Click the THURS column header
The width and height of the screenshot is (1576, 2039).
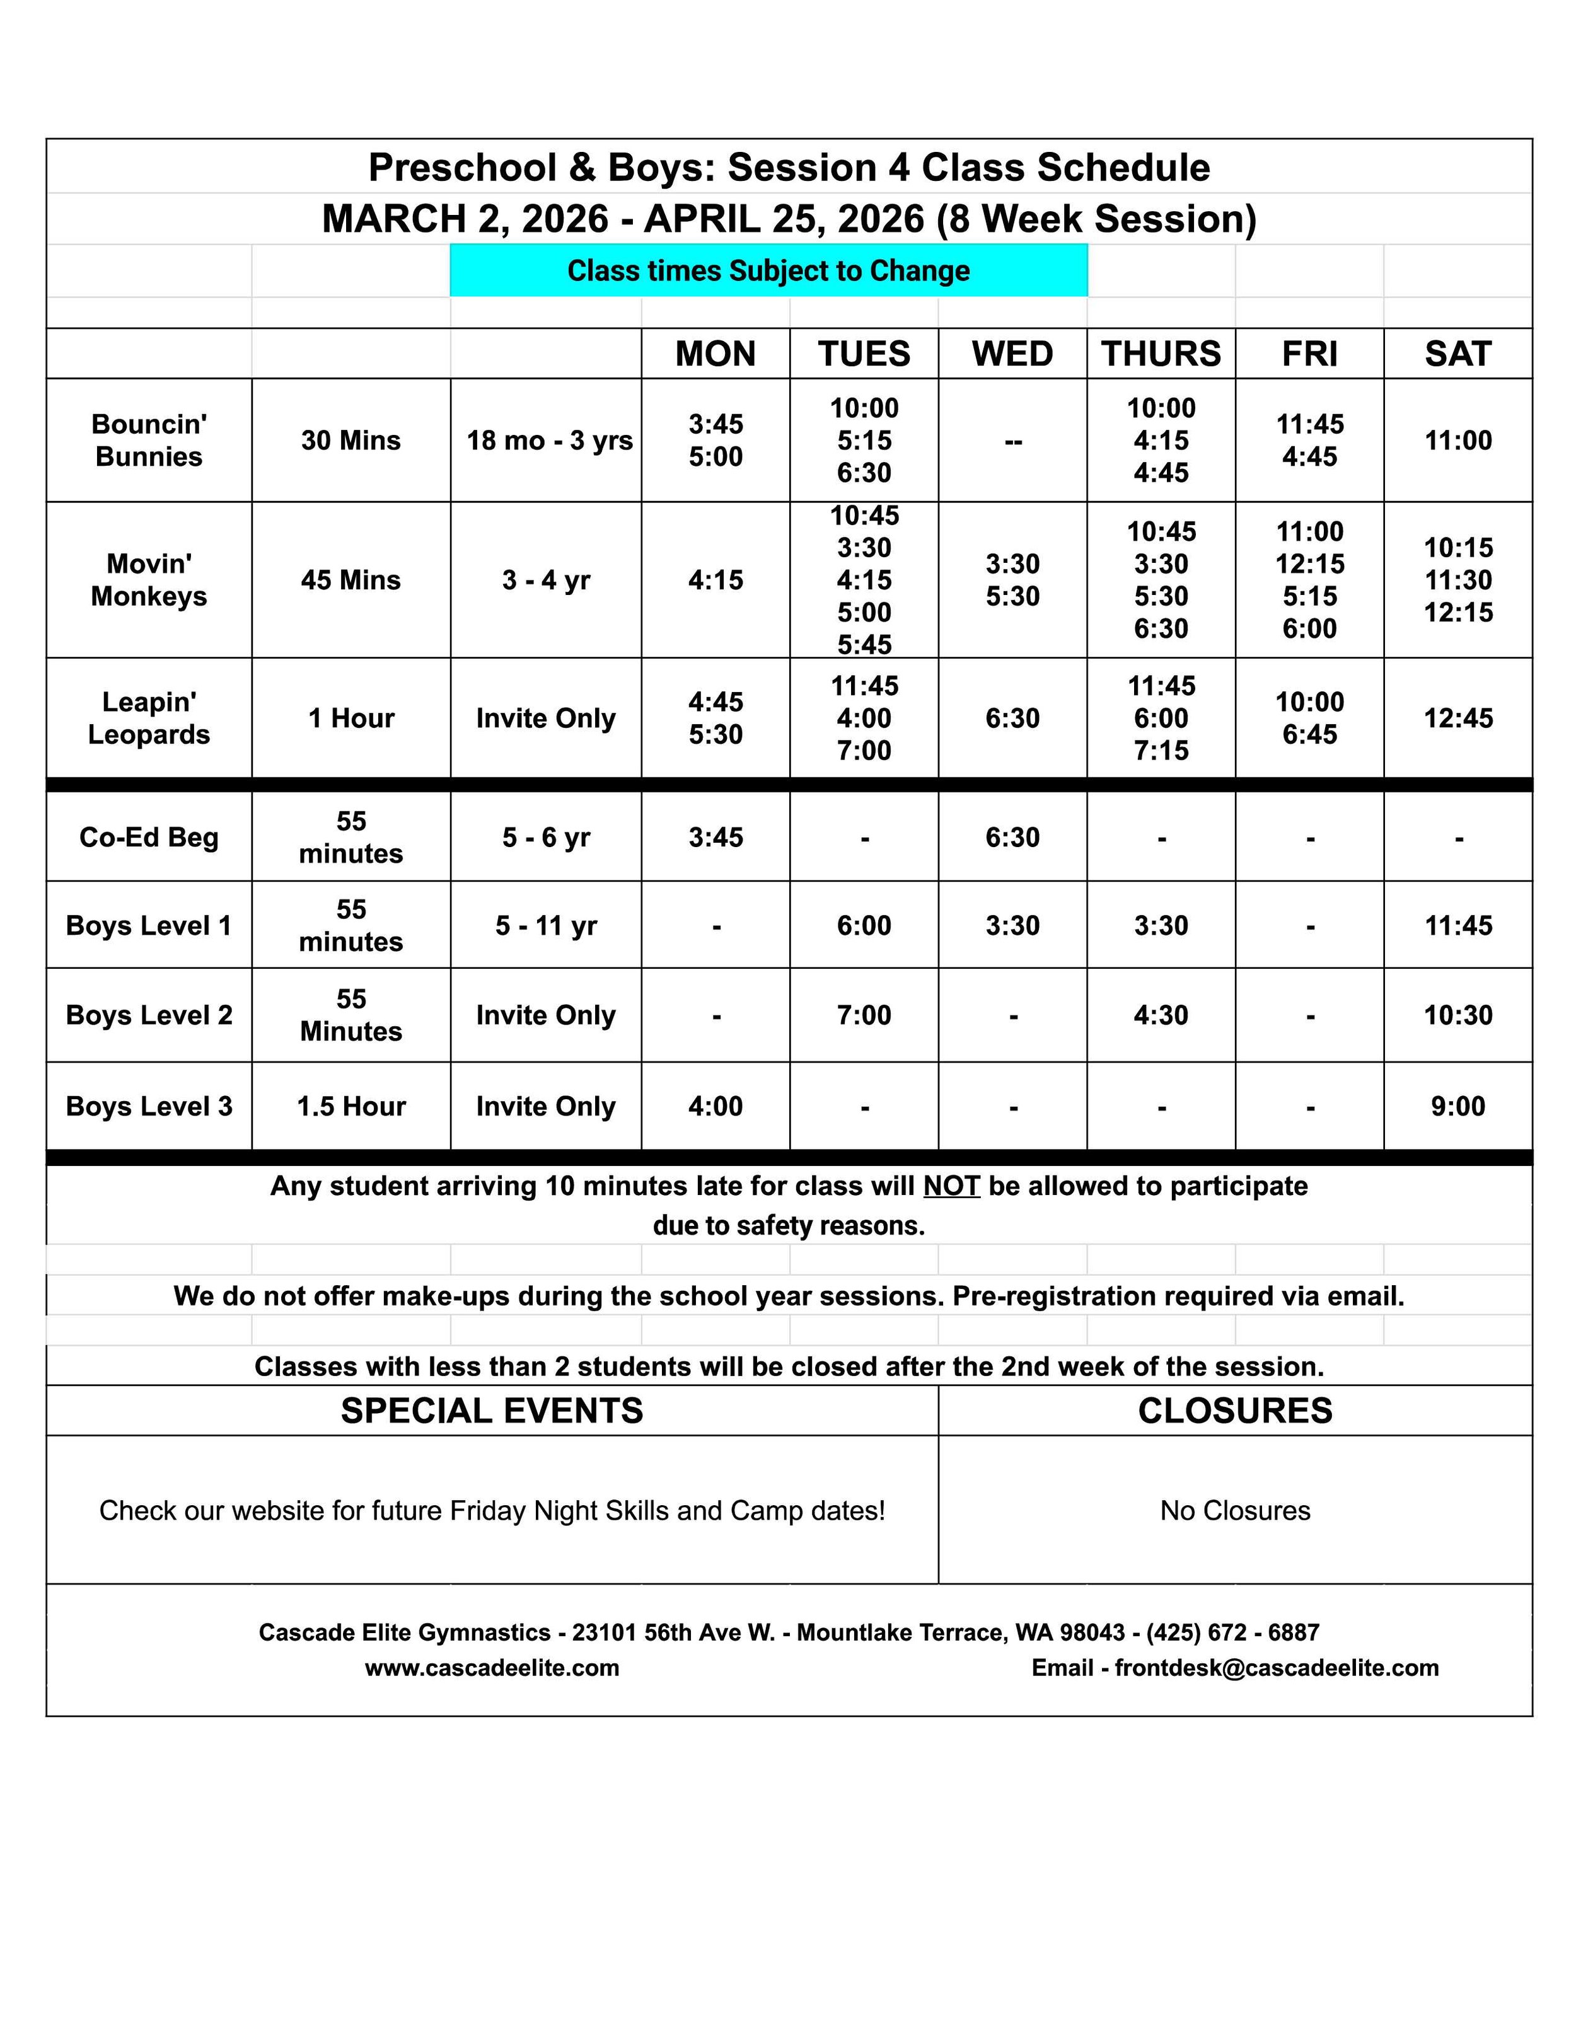pyautogui.click(x=1161, y=354)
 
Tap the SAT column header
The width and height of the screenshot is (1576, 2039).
pyautogui.click(x=1457, y=354)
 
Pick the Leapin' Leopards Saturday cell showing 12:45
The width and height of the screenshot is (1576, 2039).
pyautogui.click(x=1457, y=718)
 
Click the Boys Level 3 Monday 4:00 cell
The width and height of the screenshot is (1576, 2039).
pyautogui.click(x=715, y=1106)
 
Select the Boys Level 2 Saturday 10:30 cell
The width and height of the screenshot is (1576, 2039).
pyautogui.click(x=1457, y=1015)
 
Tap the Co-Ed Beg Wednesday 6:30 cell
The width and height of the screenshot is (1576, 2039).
pyautogui.click(x=1012, y=838)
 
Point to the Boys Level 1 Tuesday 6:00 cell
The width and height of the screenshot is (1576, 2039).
pyautogui.click(x=864, y=925)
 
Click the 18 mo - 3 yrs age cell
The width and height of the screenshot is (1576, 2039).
pyautogui.click(x=549, y=440)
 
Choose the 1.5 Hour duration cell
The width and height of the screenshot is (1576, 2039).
pyautogui.click(x=351, y=1106)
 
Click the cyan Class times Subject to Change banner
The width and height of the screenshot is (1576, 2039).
pyautogui.click(x=768, y=271)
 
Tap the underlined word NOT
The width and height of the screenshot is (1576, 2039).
pyautogui.click(x=951, y=1186)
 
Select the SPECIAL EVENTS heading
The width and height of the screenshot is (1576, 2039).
pyautogui.click(x=492, y=1411)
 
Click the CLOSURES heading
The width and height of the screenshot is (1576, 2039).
pyautogui.click(x=1234, y=1411)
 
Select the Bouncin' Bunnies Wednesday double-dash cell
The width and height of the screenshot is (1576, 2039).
pyautogui.click(x=1012, y=441)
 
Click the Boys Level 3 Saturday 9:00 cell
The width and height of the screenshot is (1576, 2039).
pyautogui.click(x=1457, y=1106)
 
